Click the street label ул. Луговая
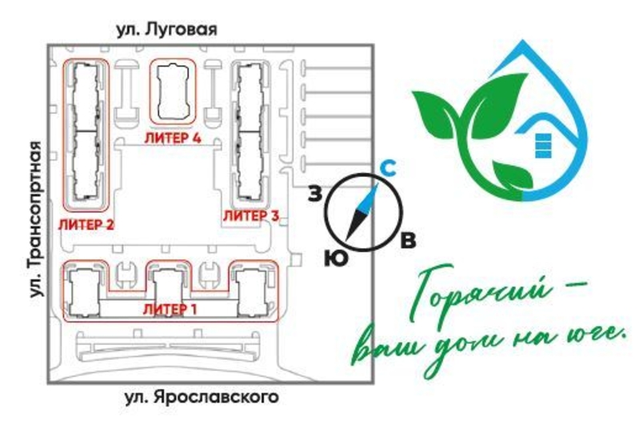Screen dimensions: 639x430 [166, 29]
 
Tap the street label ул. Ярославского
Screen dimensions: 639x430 [203, 397]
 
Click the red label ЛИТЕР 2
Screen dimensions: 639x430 [86, 224]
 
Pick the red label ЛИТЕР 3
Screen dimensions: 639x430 [250, 215]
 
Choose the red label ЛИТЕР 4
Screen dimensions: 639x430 [172, 138]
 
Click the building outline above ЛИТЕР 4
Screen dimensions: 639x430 [173, 91]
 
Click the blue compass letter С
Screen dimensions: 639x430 [386, 168]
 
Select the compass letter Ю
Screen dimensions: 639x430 [336, 258]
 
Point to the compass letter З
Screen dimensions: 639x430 [317, 192]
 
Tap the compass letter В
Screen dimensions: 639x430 [408, 240]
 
